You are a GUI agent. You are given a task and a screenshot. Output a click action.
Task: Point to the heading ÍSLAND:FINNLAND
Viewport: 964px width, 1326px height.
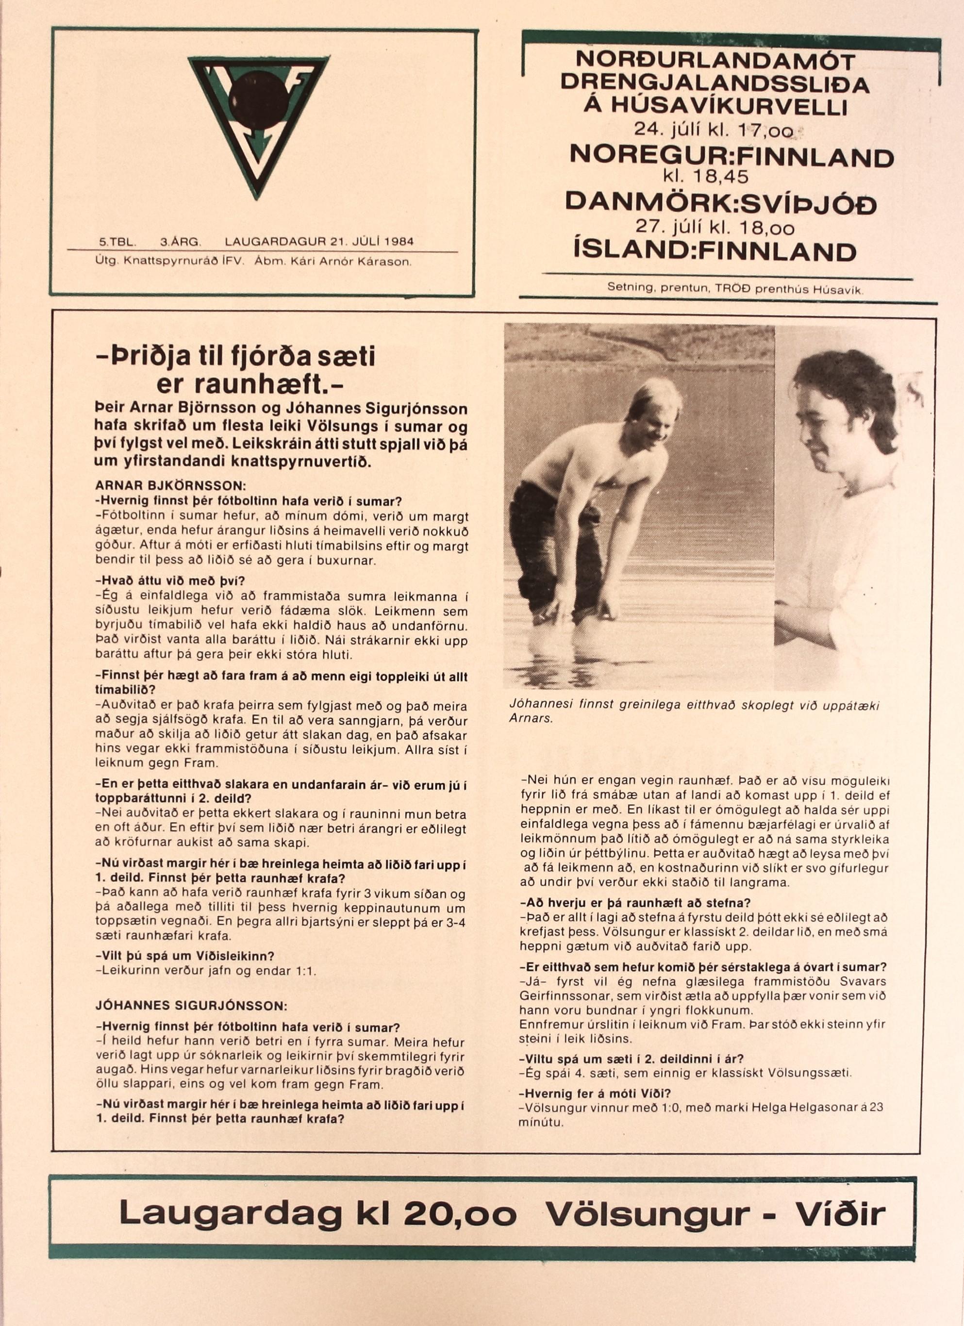click(x=715, y=251)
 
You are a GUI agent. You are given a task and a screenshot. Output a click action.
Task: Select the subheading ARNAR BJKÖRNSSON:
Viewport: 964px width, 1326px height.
click(x=171, y=486)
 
